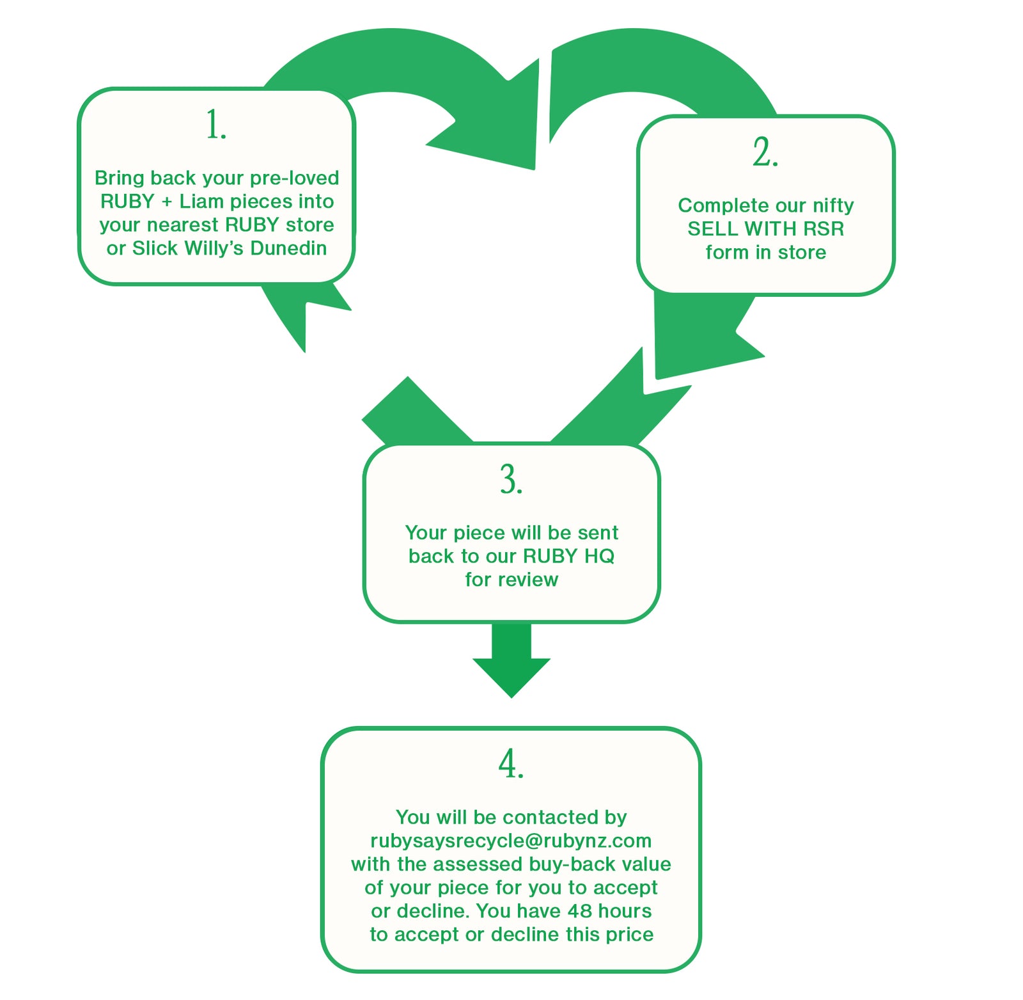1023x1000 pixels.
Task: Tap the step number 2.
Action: pos(765,152)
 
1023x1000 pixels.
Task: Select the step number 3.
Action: pos(511,480)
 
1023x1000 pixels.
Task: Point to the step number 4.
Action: pos(511,764)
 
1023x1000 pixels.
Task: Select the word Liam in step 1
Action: pos(201,202)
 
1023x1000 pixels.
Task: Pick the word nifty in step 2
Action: pos(832,205)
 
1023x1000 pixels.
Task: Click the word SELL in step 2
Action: pos(712,229)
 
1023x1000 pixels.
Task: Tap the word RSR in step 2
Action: pos(824,229)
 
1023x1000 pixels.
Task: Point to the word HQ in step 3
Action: pos(599,556)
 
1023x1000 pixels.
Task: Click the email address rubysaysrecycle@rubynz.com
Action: pos(511,841)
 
